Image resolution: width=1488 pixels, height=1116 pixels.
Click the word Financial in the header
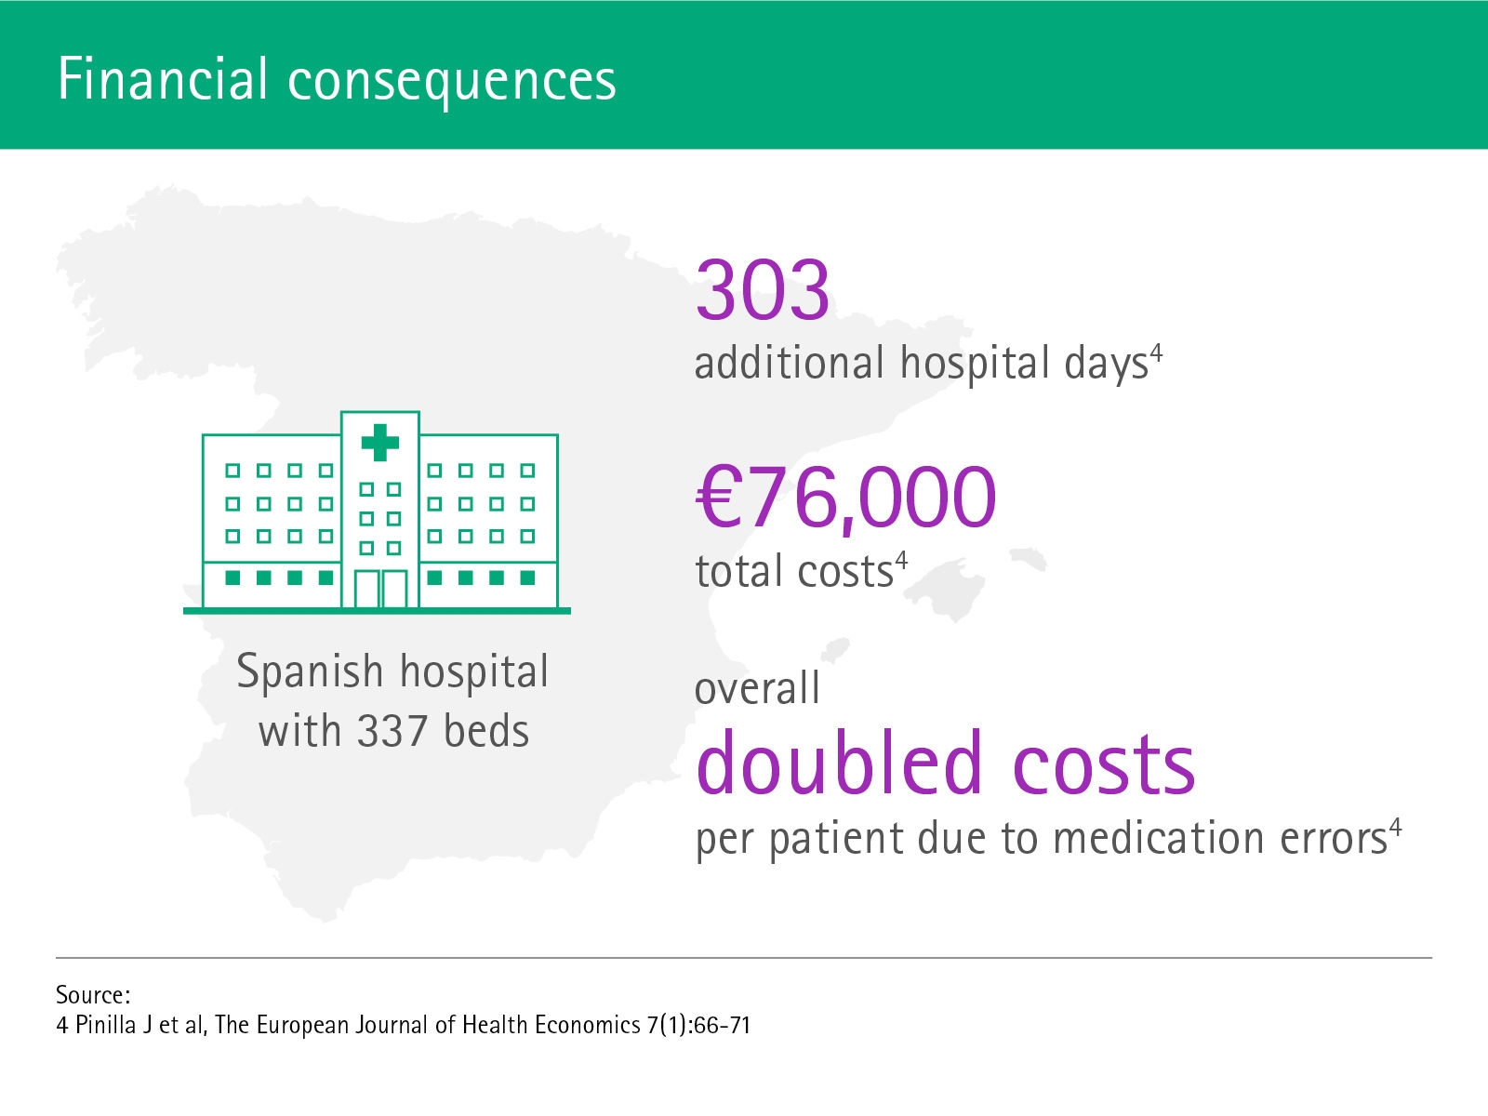pos(163,79)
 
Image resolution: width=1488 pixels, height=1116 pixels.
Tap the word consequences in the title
pos(451,82)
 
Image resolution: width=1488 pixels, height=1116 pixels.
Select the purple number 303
pos(763,290)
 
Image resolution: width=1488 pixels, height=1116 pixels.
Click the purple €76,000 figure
pos(846,497)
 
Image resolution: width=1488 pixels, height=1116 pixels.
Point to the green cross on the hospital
pos(380,443)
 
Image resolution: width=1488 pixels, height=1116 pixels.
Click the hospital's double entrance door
pos(381,589)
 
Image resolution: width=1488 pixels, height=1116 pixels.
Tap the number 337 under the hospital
pos(392,732)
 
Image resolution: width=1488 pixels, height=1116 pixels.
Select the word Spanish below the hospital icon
pos(310,672)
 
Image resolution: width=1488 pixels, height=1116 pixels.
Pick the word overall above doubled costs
pos(757,688)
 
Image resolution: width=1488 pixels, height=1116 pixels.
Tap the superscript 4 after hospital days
pos(1157,353)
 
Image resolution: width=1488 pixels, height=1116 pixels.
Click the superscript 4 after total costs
pos(901,561)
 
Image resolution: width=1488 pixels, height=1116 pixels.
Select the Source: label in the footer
pos(93,995)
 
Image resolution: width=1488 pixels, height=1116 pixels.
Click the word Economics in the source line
pos(587,1025)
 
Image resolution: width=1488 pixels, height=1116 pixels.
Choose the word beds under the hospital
pos(486,732)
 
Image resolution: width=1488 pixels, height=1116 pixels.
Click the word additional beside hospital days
pos(790,363)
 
